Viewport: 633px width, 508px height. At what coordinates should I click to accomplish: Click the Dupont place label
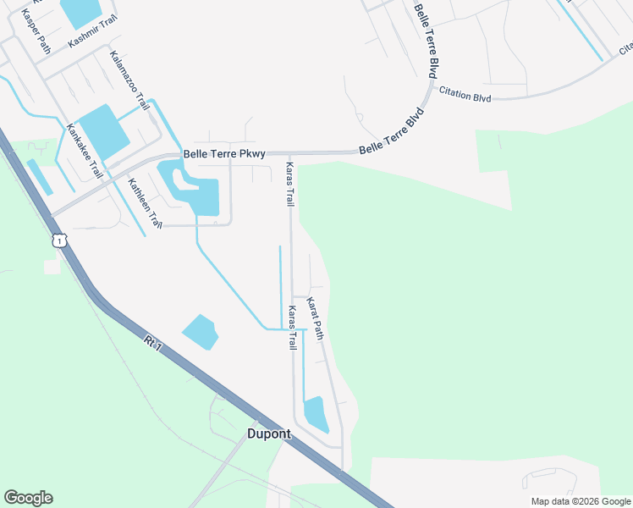pos(268,433)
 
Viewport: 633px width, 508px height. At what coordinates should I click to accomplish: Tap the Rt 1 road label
pos(152,343)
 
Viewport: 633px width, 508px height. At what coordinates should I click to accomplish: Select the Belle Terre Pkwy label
pos(224,154)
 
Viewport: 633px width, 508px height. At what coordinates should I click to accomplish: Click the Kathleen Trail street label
pos(145,203)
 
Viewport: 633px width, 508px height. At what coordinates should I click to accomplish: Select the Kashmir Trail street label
pos(92,30)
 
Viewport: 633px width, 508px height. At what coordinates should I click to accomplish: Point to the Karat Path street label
pos(315,318)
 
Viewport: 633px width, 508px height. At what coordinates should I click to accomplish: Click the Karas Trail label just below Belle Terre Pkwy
pos(289,185)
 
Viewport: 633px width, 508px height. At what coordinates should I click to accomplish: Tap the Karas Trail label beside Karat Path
pos(291,328)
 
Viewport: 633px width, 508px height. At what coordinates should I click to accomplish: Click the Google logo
pos(28,498)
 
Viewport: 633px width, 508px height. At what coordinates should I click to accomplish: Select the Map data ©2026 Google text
pos(580,501)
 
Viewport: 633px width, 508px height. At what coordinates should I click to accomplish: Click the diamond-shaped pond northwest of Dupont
pos(200,332)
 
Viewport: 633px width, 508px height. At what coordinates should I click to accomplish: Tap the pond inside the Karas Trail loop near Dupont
pos(315,413)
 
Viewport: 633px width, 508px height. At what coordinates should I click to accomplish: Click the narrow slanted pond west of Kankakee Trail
pos(39,176)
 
